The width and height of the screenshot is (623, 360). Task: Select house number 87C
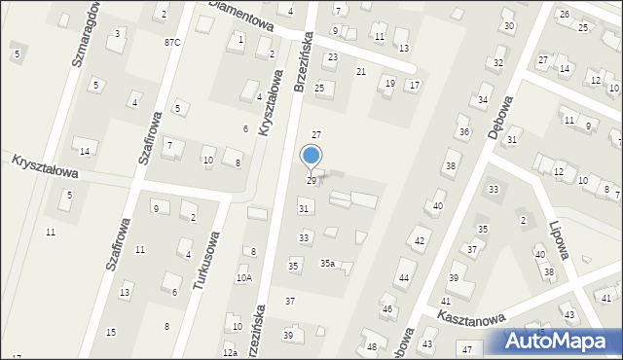[x=172, y=42]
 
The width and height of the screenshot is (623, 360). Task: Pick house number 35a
[x=328, y=263]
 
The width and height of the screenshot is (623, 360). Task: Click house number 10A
[x=243, y=277]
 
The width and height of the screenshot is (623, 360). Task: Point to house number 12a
[x=230, y=352]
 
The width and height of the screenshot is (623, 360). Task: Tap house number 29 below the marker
[x=311, y=181]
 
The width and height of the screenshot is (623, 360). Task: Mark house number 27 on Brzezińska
[x=315, y=133]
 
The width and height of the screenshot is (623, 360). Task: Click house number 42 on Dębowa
[x=420, y=240]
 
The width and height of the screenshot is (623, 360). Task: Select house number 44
[x=403, y=278]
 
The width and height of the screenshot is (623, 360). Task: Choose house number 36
[x=464, y=131]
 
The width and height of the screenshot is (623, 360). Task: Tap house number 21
[x=360, y=72]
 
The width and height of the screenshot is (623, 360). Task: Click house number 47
[x=467, y=348]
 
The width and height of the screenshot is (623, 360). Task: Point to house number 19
[x=390, y=83]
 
